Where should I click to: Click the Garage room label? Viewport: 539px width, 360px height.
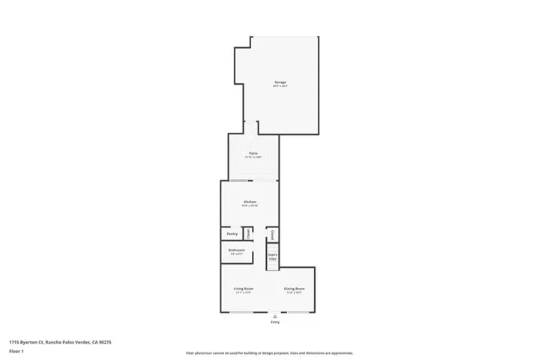[x=279, y=82]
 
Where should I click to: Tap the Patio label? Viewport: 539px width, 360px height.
[x=254, y=153]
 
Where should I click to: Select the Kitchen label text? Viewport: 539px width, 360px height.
[x=250, y=202]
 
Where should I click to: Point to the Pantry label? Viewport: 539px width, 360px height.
[x=232, y=234]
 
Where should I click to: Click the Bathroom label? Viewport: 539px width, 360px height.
[x=236, y=250]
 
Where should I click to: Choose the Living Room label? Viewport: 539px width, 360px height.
[x=243, y=289]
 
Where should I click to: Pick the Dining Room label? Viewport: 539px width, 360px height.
[x=294, y=289]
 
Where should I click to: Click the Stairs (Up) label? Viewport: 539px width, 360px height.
[x=272, y=256]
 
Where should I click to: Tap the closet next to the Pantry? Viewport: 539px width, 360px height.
[x=247, y=234]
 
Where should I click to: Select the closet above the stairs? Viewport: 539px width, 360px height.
[x=272, y=234]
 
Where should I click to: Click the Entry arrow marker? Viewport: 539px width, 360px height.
[x=274, y=316]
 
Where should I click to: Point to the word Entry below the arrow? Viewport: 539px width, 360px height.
[x=274, y=322]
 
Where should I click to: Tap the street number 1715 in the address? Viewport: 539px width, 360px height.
[x=14, y=342]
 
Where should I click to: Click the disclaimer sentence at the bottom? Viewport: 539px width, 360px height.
[x=269, y=352]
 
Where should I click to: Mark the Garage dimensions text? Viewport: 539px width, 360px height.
[x=279, y=87]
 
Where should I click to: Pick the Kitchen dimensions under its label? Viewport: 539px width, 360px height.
[x=250, y=206]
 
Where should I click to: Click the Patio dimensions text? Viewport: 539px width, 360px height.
[x=254, y=157]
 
